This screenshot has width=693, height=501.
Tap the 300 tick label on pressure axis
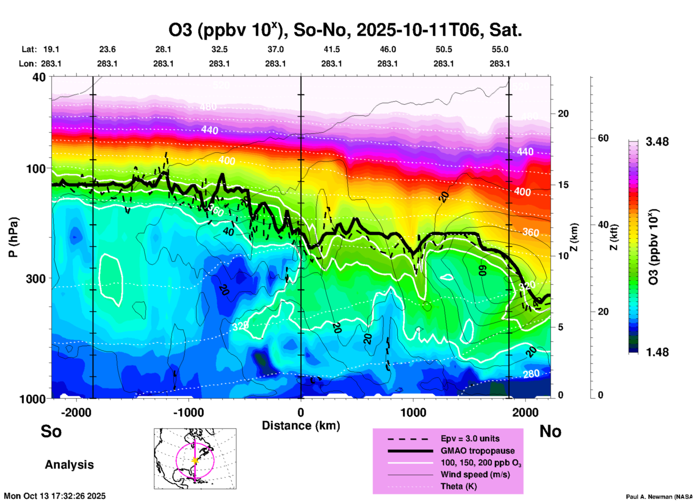(36, 279)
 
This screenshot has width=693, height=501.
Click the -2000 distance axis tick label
(76, 412)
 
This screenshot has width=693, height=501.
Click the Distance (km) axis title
(301, 426)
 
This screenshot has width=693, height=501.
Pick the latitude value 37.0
(275, 49)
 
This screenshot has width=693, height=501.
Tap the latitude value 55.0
(500, 49)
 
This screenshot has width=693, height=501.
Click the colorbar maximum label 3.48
(657, 142)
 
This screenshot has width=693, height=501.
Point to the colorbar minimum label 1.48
(657, 352)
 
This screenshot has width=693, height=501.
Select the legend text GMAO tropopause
(477, 451)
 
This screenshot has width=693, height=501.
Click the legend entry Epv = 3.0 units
(470, 438)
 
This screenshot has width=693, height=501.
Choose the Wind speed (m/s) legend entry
(475, 474)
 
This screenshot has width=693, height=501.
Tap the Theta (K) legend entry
(458, 486)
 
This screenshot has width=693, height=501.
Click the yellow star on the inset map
(195, 460)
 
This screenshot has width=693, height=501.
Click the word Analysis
(69, 465)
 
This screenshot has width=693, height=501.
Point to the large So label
(51, 431)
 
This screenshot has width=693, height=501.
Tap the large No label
(550, 431)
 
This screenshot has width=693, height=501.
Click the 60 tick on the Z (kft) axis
(603, 138)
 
